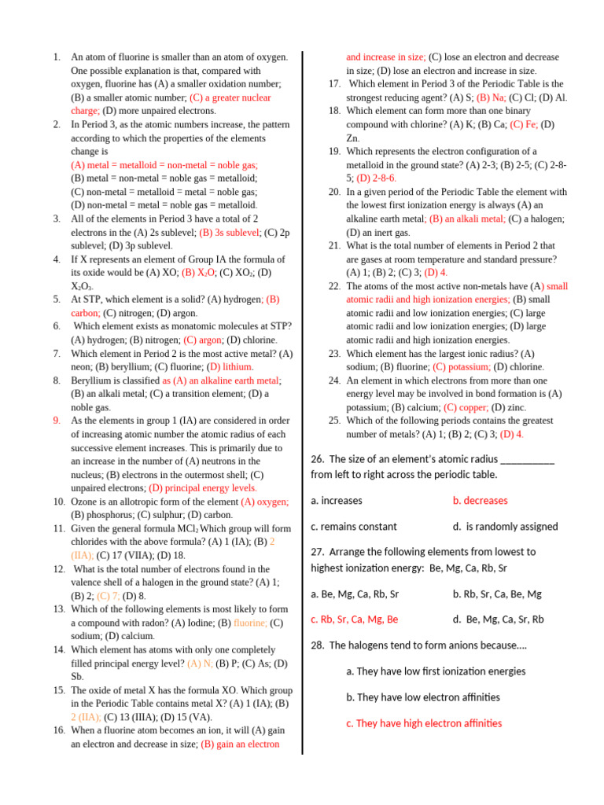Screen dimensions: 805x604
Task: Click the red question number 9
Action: point(57,420)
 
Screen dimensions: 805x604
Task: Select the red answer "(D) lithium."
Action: point(229,366)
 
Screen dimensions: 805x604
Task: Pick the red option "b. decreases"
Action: point(480,500)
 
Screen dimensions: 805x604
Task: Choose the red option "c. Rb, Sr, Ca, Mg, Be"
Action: point(354,619)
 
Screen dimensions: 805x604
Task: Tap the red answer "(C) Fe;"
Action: point(525,124)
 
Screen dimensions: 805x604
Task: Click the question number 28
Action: point(318,645)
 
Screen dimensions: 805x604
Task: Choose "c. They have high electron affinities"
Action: point(424,723)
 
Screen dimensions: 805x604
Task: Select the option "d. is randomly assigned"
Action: point(505,527)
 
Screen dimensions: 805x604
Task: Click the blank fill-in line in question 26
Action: point(527,460)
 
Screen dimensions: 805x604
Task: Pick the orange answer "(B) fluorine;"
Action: point(250,623)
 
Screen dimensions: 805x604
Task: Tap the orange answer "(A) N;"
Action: point(200,663)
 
